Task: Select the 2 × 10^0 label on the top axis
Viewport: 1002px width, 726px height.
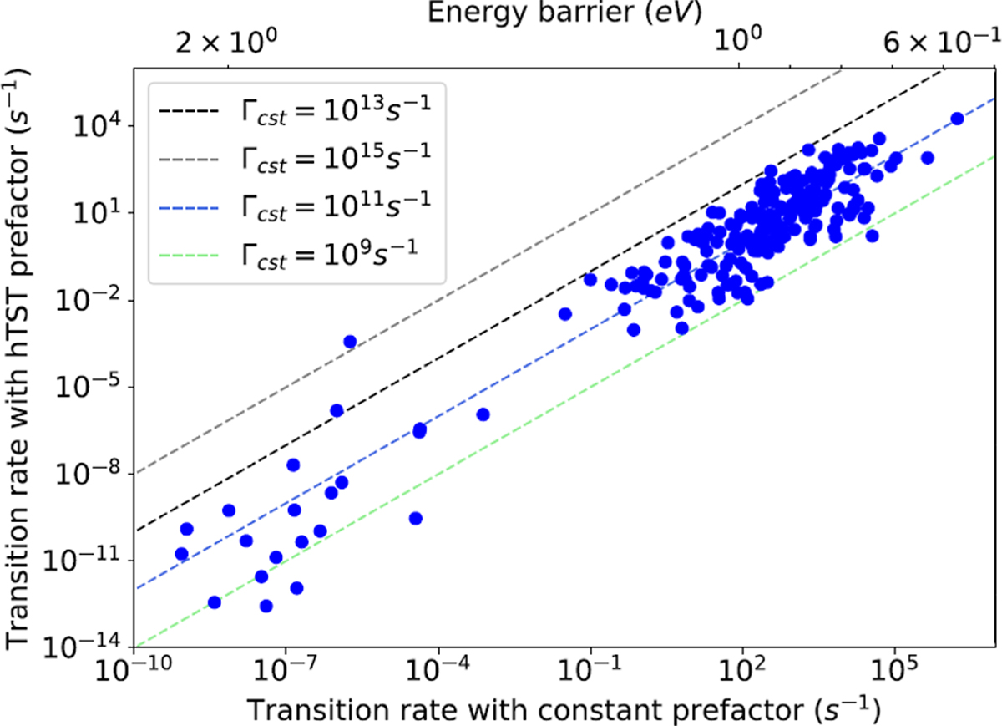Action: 223,43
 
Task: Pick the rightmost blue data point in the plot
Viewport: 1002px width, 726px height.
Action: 958,119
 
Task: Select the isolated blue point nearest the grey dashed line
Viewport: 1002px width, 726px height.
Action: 350,341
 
